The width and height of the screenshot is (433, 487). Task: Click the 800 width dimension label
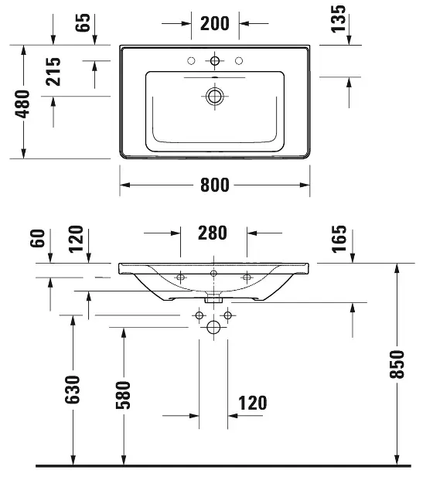pyautogui.click(x=215, y=185)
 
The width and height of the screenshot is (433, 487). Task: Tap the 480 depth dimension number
pyautogui.click(x=22, y=104)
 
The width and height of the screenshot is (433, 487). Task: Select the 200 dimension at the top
pyautogui.click(x=215, y=23)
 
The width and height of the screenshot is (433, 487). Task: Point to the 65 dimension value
pyautogui.click(x=83, y=22)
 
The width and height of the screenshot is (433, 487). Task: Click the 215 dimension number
pyautogui.click(x=53, y=71)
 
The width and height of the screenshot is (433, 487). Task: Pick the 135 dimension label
pyautogui.click(x=338, y=19)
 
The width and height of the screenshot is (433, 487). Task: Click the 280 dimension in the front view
pyautogui.click(x=213, y=233)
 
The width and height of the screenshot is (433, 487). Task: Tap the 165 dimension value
pyautogui.click(x=339, y=239)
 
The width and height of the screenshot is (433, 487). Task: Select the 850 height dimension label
pyautogui.click(x=397, y=364)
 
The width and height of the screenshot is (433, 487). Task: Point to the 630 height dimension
pyautogui.click(x=73, y=390)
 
